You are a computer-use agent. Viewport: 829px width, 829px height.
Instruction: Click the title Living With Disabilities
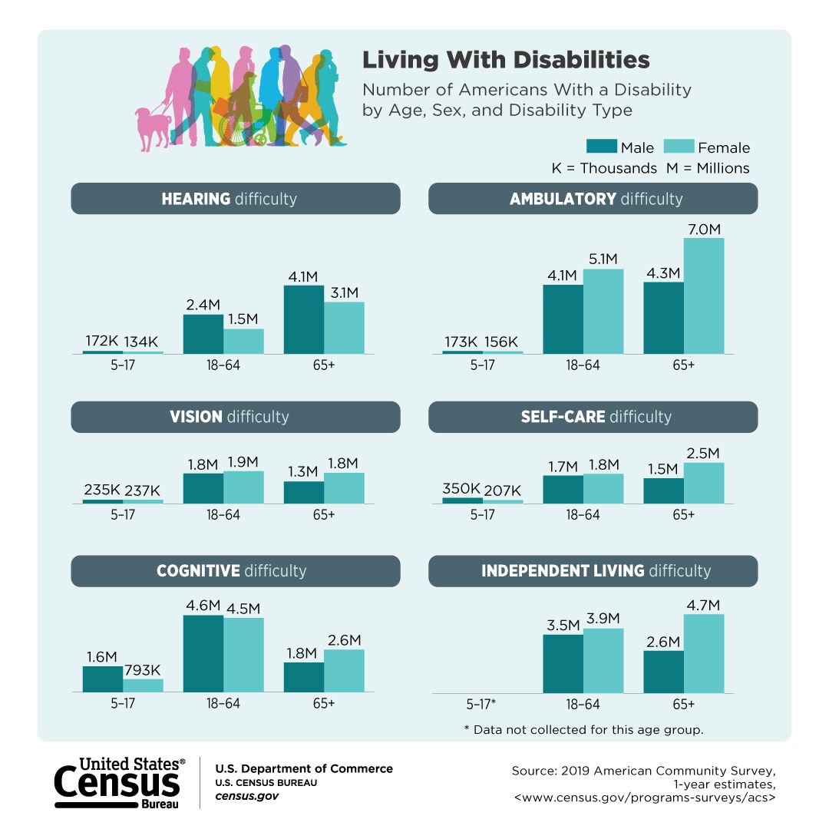pos(506,60)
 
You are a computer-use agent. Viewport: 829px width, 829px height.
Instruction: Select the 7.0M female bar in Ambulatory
pos(704,296)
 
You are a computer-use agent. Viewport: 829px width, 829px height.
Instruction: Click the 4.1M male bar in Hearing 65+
pos(304,319)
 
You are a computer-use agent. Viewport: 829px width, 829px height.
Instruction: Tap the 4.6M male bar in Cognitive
pos(203,653)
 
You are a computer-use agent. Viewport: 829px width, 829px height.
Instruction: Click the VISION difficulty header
pos(236,417)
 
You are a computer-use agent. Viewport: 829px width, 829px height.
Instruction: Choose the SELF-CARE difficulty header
pos(593,417)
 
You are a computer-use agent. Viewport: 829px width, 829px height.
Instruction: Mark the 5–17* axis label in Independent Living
pos(482,704)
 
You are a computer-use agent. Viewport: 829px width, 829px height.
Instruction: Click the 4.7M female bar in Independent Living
pos(704,653)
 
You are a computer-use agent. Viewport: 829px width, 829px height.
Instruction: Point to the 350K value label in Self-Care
pos(461,489)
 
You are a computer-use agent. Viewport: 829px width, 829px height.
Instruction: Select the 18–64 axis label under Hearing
pos(223,365)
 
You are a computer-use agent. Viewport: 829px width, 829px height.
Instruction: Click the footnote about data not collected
pos(583,729)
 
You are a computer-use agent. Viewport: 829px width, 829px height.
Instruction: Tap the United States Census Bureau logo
pos(119,782)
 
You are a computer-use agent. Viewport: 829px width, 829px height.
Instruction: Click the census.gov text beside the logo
pos(246,796)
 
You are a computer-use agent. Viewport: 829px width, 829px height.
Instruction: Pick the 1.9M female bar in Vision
pos(243,487)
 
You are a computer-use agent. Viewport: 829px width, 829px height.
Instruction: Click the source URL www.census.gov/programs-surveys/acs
pos(645,798)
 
